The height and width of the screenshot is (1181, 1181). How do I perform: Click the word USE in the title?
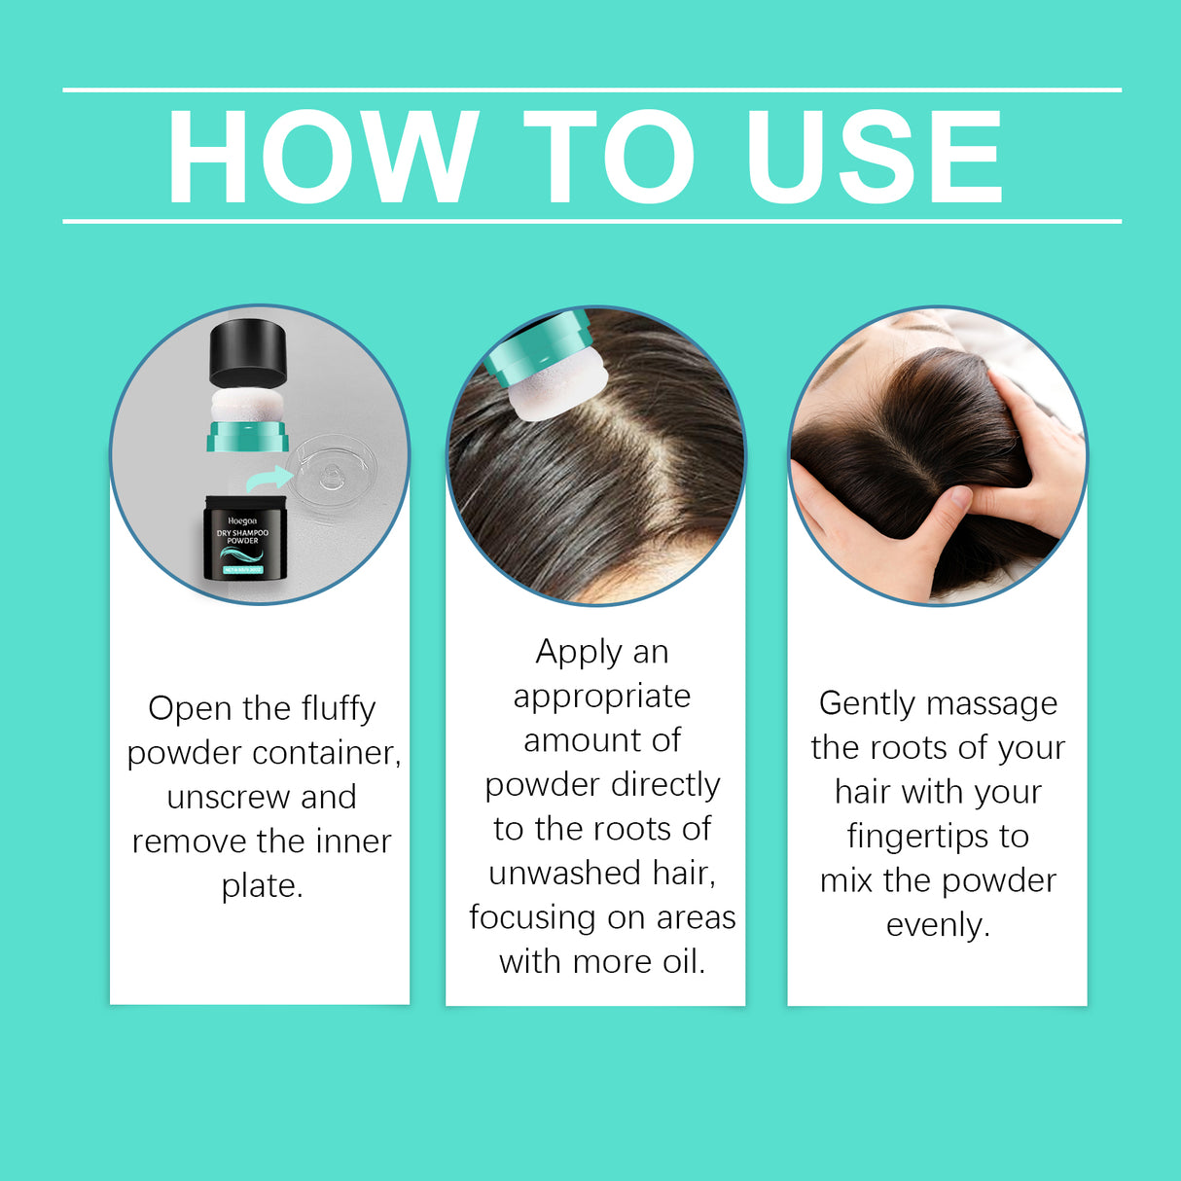(x=873, y=157)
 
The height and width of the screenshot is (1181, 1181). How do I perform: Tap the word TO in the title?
(x=609, y=157)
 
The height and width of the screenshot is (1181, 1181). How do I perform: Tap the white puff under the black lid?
(x=247, y=406)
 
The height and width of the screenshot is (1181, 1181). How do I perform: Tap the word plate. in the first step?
(x=262, y=886)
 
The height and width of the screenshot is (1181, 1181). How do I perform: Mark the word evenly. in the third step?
(x=938, y=925)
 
